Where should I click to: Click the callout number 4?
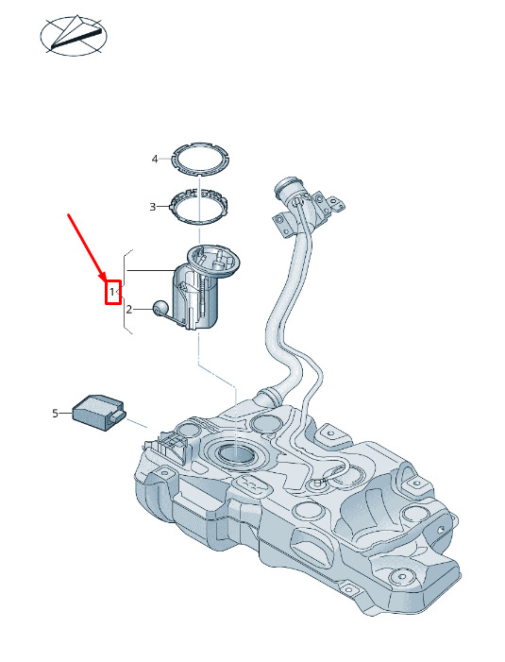click(x=155, y=160)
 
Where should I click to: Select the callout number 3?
click(x=153, y=207)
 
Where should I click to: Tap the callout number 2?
click(x=129, y=310)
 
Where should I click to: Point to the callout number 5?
click(x=56, y=414)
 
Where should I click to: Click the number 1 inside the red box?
click(x=111, y=291)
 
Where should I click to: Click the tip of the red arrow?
click(x=105, y=280)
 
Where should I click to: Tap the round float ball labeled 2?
click(x=160, y=307)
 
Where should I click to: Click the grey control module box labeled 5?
click(x=99, y=413)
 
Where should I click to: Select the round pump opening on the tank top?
click(x=235, y=454)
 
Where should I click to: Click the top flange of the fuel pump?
click(x=213, y=259)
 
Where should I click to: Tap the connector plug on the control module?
click(x=118, y=417)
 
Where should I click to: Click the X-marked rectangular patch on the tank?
click(x=254, y=483)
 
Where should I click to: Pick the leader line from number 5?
click(x=65, y=414)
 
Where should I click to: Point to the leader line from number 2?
click(x=143, y=310)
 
